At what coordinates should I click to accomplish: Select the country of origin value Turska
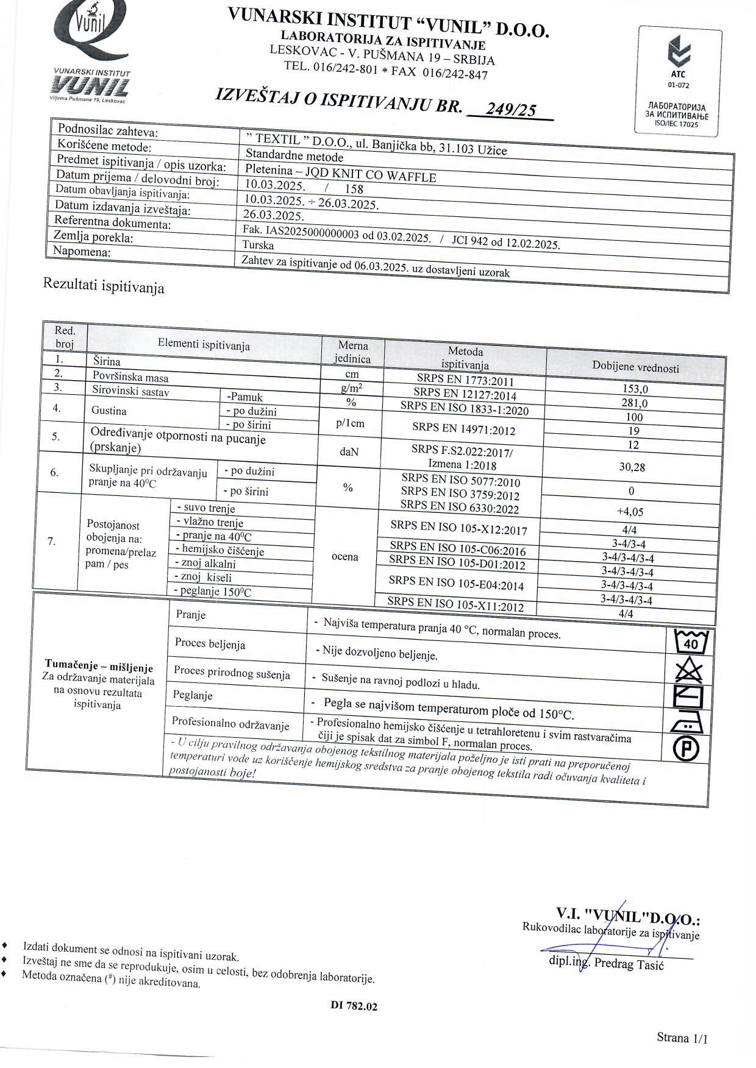pos(258,246)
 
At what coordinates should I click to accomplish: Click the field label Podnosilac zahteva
pos(107,130)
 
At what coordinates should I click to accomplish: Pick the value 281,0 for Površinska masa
pos(635,403)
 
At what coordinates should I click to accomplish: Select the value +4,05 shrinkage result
pos(630,512)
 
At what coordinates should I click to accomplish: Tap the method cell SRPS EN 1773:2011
pos(465,381)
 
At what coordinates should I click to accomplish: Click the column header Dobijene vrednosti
pos(635,367)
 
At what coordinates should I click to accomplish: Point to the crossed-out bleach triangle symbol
pos(690,671)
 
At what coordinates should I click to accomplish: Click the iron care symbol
pos(687,723)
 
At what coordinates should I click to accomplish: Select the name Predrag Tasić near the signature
pos(629,964)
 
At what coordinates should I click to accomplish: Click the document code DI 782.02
pos(354,1006)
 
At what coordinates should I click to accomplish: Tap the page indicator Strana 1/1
pos(682,1038)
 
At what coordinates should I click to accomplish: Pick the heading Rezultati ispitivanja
pos(104,285)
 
